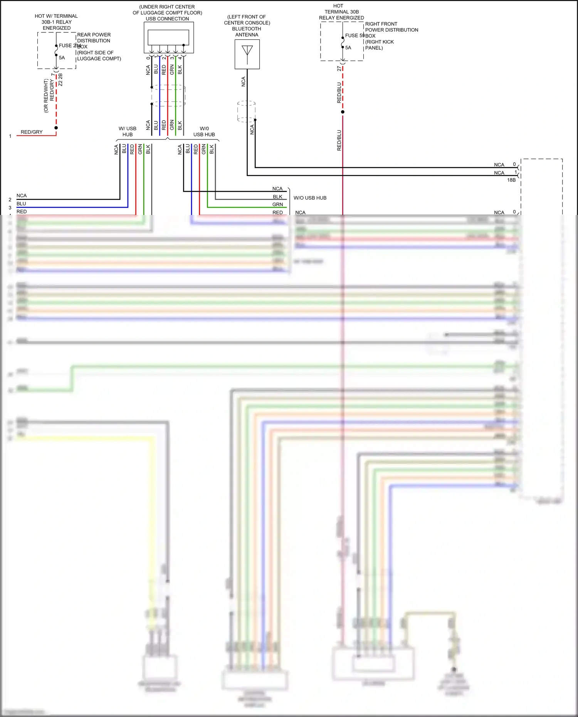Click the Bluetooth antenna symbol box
pos(247,54)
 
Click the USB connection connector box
pos(168,37)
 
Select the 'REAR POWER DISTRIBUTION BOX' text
pos(94,38)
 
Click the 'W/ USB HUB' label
pos(127,131)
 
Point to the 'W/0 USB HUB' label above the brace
pos(204,131)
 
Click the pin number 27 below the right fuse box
pos(339,69)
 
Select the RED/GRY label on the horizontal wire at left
pos(32,132)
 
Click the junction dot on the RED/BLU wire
pos(343,112)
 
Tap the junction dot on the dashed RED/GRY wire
pos(56,128)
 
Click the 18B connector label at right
pos(511,180)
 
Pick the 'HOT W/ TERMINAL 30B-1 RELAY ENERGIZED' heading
pos(56,22)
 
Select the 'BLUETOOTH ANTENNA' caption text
pos(247,32)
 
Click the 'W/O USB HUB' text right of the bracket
pos(310,198)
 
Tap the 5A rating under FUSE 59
pos(348,48)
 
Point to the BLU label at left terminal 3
pos(21,204)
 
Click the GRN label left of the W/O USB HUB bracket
pos(277,205)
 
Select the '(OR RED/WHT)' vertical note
pos(46,96)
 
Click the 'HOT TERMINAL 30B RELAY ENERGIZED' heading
pos(341,12)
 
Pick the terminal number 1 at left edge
pos(10,136)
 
